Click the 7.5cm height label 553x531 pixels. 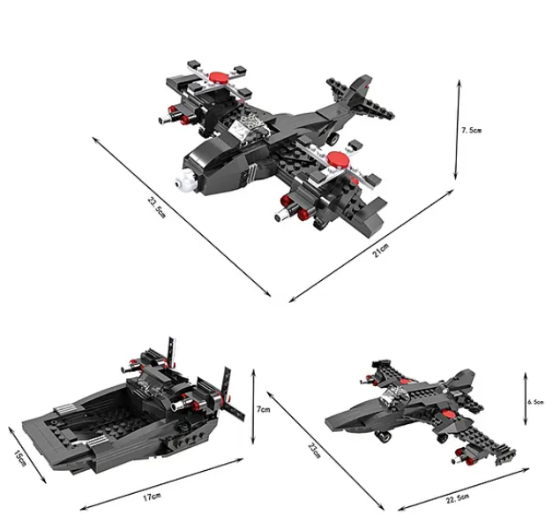pos(472,131)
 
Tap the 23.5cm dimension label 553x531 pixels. pos(156,207)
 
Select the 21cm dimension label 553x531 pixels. pos(380,250)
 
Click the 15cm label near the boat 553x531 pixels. pos(20,458)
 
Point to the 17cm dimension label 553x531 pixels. pos(152,497)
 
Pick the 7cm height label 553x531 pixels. pos(263,409)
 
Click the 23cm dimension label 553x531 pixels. pos(314,451)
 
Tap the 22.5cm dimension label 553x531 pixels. pos(458,498)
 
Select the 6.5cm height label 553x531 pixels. pos(535,402)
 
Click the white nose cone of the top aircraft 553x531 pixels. pos(185,179)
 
